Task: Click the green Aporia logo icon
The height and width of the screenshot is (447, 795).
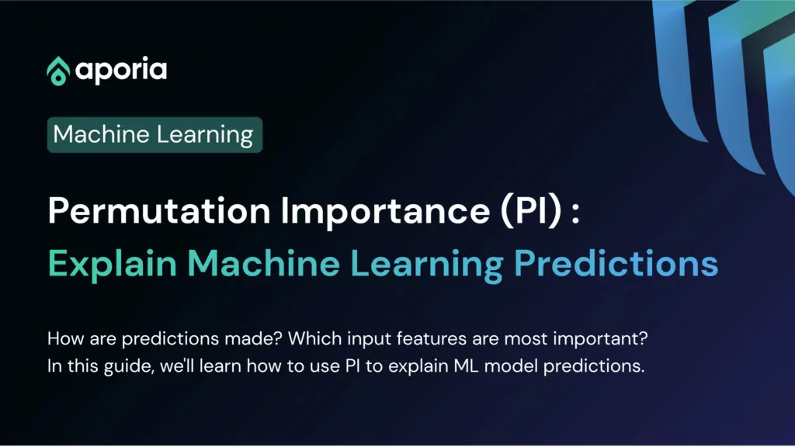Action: pos(58,71)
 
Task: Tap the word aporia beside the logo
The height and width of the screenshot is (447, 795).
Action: pos(121,71)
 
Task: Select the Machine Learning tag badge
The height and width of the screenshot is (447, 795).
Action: pos(154,135)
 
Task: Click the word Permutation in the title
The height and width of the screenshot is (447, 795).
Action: pos(159,210)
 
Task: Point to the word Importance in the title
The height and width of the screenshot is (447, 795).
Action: pos(385,211)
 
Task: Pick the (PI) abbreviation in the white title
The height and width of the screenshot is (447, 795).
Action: pos(531,210)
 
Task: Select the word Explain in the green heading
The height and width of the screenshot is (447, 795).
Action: pos(113,264)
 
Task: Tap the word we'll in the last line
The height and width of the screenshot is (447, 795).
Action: pos(177,366)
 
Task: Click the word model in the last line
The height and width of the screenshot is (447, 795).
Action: pos(511,366)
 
